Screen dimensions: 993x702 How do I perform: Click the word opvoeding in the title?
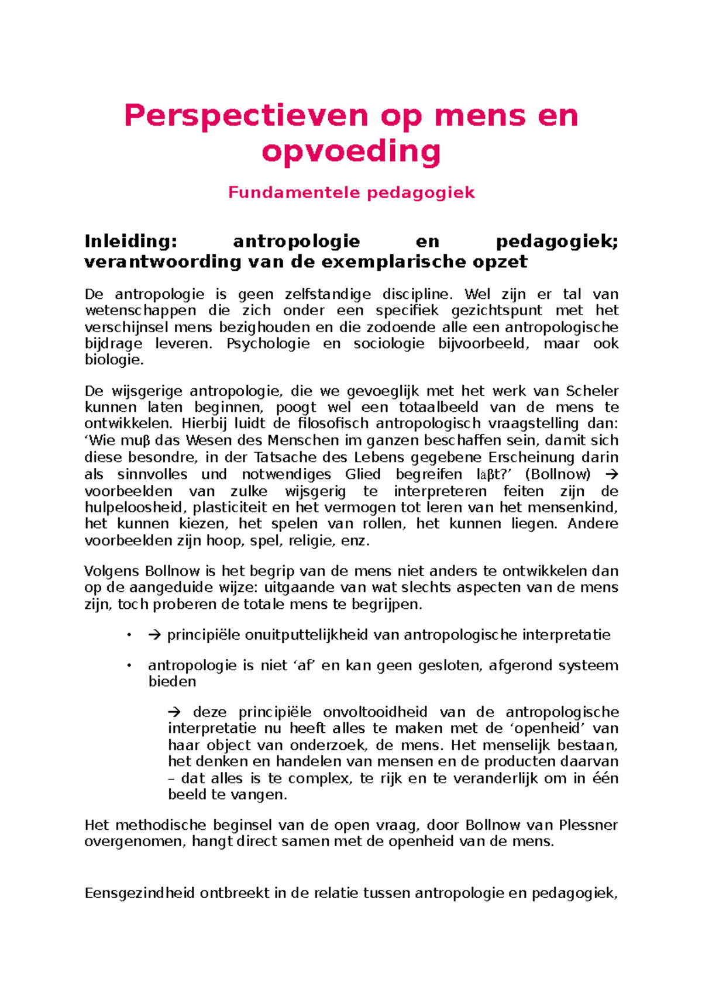pos(351,151)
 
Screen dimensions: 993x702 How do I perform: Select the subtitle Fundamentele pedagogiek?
pos(351,192)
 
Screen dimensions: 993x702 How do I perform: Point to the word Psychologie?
pos(268,343)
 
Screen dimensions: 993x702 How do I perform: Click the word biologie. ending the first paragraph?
pos(113,360)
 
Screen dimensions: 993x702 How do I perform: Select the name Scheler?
pos(592,391)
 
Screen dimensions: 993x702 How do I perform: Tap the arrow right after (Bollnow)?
pos(611,474)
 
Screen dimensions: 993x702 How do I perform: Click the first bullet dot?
pos(129,635)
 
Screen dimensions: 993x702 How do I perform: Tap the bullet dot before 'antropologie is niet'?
pos(129,666)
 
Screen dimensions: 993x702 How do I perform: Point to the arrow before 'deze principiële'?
pos(174,712)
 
